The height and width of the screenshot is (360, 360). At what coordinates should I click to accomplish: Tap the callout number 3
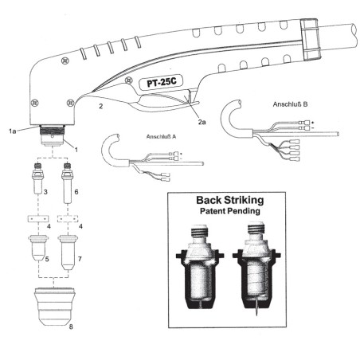point(47,192)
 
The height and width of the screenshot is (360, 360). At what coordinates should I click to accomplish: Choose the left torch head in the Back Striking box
point(198,268)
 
